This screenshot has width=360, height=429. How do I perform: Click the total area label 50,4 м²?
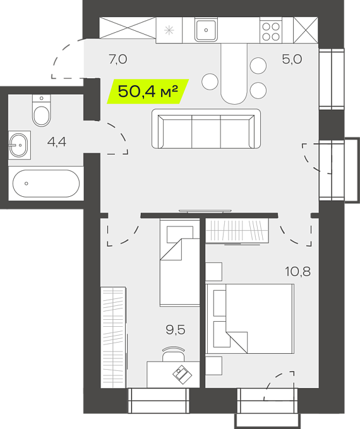(x=148, y=91)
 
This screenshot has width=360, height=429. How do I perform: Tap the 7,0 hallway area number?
(x=118, y=59)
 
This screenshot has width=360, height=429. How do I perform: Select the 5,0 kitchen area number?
(x=292, y=59)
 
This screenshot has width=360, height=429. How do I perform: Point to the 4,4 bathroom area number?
(x=56, y=142)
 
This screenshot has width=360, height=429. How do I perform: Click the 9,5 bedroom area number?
(x=176, y=330)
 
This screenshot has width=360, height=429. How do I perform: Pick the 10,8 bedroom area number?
(x=298, y=272)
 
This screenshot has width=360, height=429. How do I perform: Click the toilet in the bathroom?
(x=42, y=110)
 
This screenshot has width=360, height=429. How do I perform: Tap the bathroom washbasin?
(x=19, y=145)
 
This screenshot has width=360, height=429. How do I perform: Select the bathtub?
(x=46, y=184)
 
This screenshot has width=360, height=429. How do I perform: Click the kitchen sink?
(x=206, y=30)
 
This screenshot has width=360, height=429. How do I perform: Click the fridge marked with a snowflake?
(x=169, y=30)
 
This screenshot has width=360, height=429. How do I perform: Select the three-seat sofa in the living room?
(x=206, y=129)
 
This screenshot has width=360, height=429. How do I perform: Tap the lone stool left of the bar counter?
(x=210, y=81)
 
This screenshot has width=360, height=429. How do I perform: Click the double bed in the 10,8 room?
(x=250, y=319)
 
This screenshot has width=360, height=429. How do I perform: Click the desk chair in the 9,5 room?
(x=174, y=354)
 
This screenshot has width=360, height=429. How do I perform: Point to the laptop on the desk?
(x=182, y=375)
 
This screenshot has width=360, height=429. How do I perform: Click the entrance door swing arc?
(x=66, y=59)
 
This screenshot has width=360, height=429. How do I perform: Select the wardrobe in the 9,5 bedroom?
(x=114, y=337)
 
